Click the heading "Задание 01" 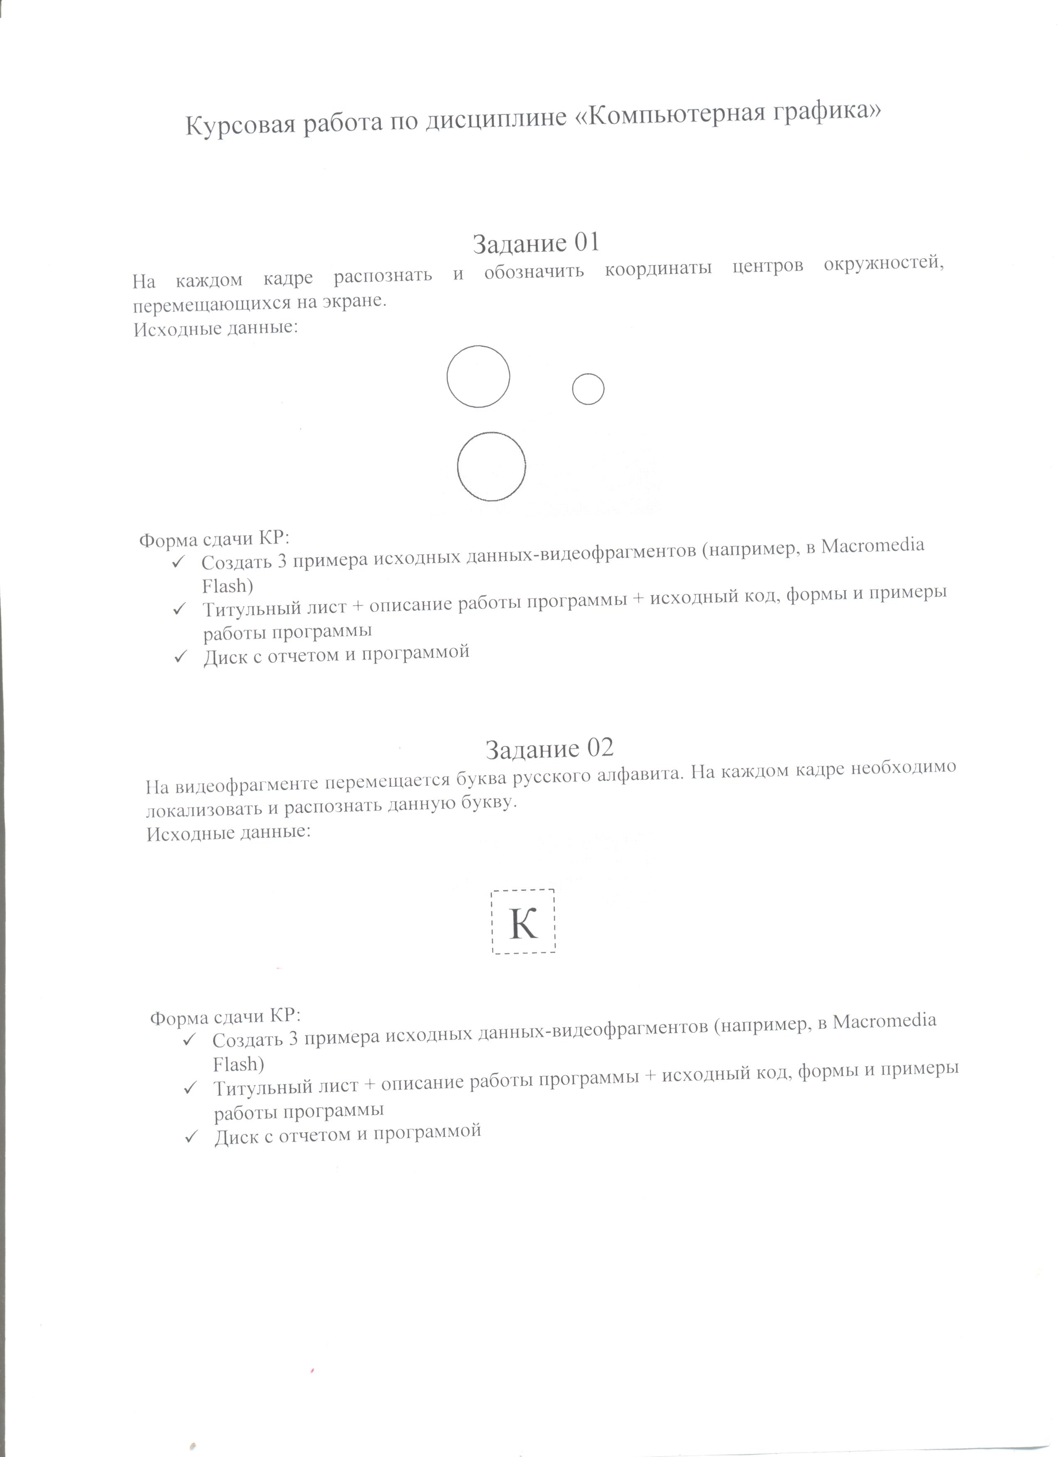(536, 243)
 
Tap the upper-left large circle (478, 376)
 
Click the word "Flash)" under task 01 (227, 586)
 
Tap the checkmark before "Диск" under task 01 (181, 656)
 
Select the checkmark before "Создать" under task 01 (178, 562)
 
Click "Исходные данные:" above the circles (216, 329)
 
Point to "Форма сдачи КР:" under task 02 (225, 1017)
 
